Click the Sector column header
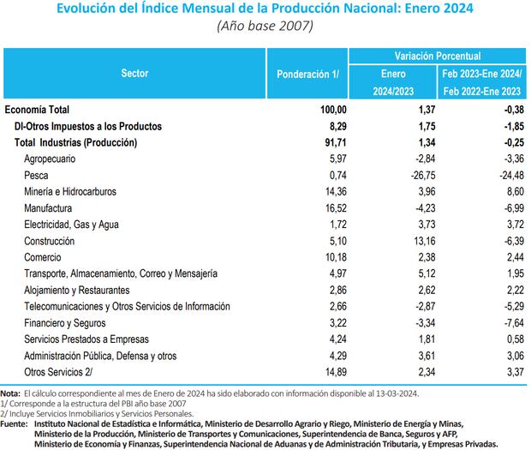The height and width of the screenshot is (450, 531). coord(135,74)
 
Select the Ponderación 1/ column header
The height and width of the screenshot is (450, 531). coord(308,74)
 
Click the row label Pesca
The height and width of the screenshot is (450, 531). coord(38,175)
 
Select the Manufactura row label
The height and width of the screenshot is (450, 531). coord(49,207)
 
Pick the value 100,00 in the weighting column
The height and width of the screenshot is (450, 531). coord(333,110)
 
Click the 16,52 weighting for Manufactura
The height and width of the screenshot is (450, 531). coord(336,207)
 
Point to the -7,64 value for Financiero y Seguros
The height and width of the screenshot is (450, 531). coord(512,321)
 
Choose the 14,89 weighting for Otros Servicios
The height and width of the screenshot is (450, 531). coord(336,370)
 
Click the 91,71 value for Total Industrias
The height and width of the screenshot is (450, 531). coord(336,142)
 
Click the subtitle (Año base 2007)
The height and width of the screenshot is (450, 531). coord(265,25)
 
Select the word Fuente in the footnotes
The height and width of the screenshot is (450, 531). coord(15,423)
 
